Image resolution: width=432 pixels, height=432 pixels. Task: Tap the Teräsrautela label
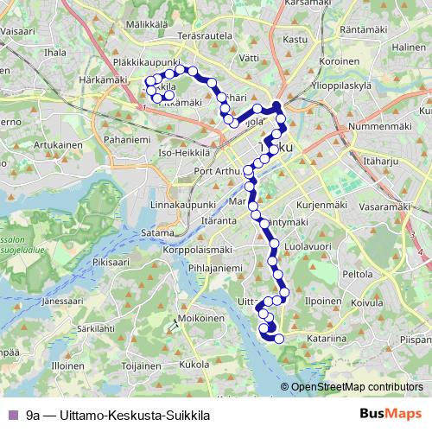coord(206,38)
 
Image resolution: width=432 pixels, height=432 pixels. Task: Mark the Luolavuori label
coord(308,246)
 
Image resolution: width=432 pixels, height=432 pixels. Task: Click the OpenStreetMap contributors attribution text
coord(357,387)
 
